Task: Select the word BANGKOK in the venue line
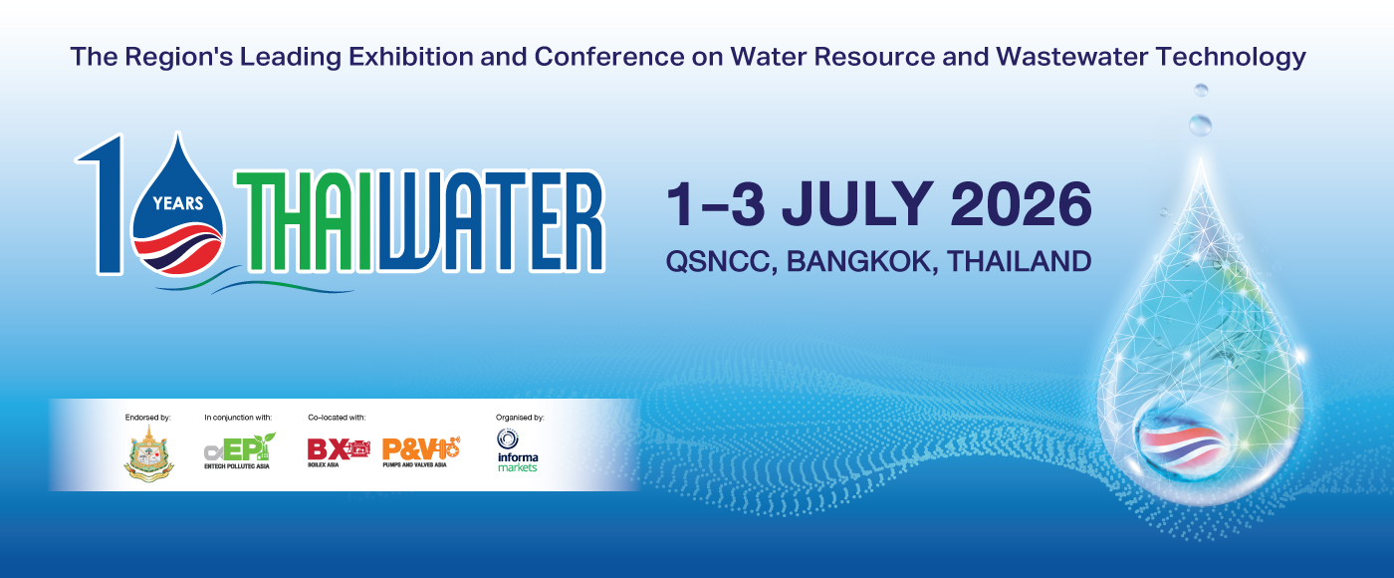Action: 862,262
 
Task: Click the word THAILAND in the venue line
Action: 1019,262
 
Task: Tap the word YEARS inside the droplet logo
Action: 178,203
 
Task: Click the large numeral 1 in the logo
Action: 107,204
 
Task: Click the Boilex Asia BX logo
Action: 338,451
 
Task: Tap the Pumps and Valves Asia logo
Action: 420,451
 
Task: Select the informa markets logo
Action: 517,450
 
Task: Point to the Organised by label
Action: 520,417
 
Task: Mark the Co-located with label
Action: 337,417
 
